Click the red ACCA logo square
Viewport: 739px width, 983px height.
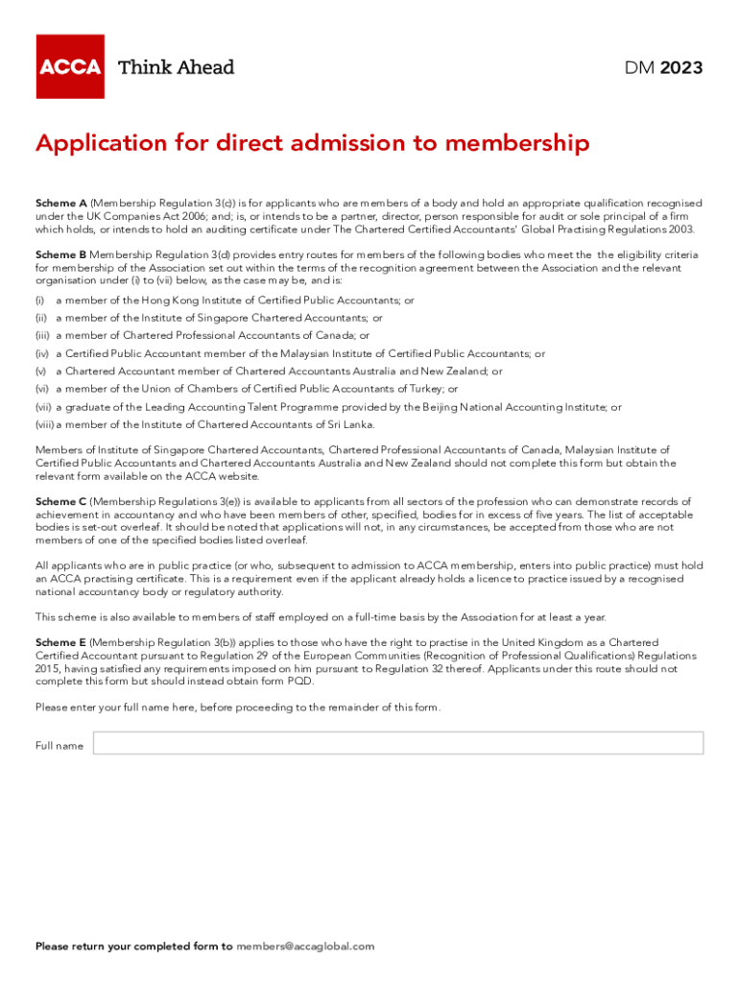70,66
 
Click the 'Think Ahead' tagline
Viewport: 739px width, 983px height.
176,67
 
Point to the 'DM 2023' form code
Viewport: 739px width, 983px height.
663,67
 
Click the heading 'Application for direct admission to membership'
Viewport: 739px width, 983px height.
312,144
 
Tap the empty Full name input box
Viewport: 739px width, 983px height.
397,743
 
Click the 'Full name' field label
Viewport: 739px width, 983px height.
60,746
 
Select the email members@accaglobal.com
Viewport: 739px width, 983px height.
305,947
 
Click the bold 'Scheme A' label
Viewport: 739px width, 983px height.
61,204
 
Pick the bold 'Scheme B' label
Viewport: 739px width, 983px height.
61,254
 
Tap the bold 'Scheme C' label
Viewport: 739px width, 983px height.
61,501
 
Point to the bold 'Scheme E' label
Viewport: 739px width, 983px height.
61,642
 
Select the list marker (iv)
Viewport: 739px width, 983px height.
41,353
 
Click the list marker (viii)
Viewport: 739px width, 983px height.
44,424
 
